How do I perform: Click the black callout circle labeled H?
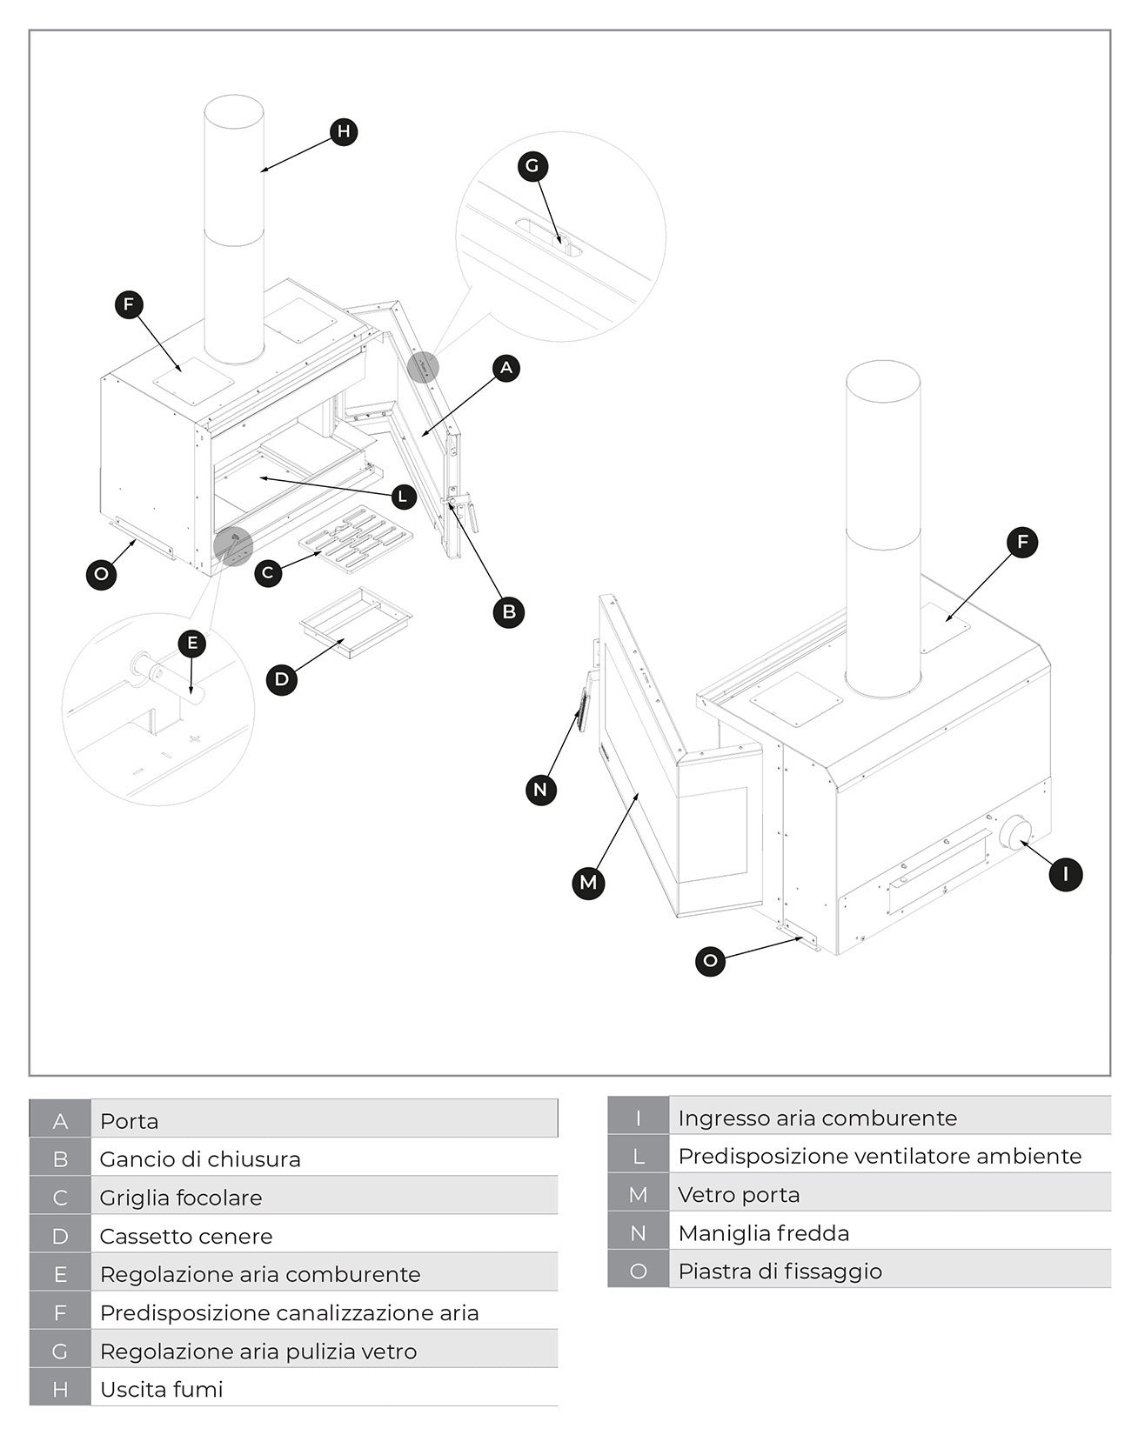pyautogui.click(x=344, y=131)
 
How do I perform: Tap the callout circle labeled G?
pyautogui.click(x=532, y=165)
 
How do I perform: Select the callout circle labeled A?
pyautogui.click(x=506, y=368)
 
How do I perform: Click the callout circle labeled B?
pyautogui.click(x=509, y=611)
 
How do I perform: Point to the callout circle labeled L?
pyautogui.click(x=402, y=497)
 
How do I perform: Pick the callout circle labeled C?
pyautogui.click(x=268, y=573)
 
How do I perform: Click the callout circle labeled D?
pyautogui.click(x=281, y=679)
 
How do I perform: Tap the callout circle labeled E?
pyautogui.click(x=192, y=644)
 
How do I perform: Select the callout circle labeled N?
pyautogui.click(x=541, y=790)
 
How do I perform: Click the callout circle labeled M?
pyautogui.click(x=589, y=883)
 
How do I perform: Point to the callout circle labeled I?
pyautogui.click(x=1066, y=873)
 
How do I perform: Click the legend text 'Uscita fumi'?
pyautogui.click(x=162, y=1389)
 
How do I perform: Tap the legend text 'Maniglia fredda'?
pyautogui.click(x=763, y=1232)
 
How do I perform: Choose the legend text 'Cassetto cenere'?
pyautogui.click(x=186, y=1236)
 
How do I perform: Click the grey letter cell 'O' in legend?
pyautogui.click(x=638, y=1271)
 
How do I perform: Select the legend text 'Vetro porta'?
pyautogui.click(x=739, y=1194)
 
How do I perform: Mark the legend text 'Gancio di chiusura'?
pyautogui.click(x=200, y=1159)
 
